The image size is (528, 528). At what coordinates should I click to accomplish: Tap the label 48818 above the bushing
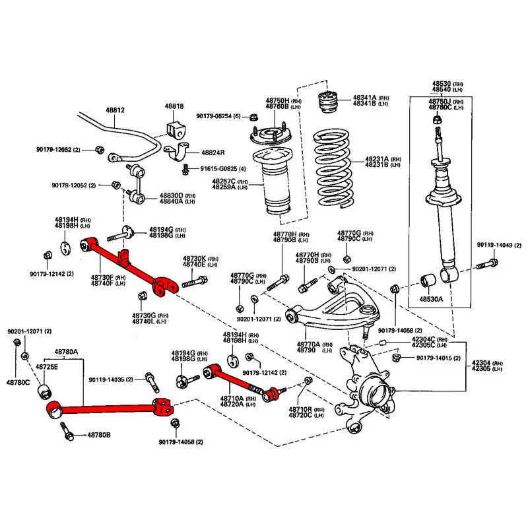click(174, 106)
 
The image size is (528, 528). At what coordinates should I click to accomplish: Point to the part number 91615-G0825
click(218, 168)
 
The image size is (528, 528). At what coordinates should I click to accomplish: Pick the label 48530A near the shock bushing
click(432, 299)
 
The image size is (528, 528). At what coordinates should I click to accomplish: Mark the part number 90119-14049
click(499, 246)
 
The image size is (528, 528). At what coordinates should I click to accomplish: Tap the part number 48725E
click(46, 366)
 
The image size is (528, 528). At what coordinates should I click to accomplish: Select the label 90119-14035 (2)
click(111, 379)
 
